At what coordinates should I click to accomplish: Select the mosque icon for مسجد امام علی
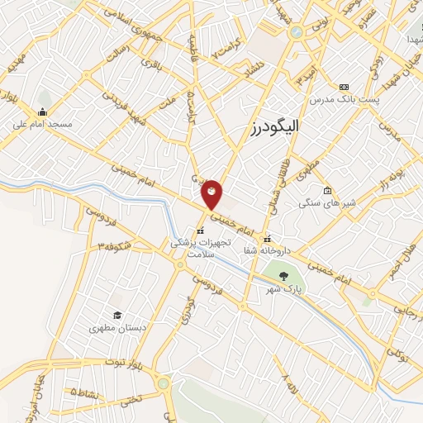42,112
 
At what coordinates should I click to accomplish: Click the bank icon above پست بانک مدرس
344,88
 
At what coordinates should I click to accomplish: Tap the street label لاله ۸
288,383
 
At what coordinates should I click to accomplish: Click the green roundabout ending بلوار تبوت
164,383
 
